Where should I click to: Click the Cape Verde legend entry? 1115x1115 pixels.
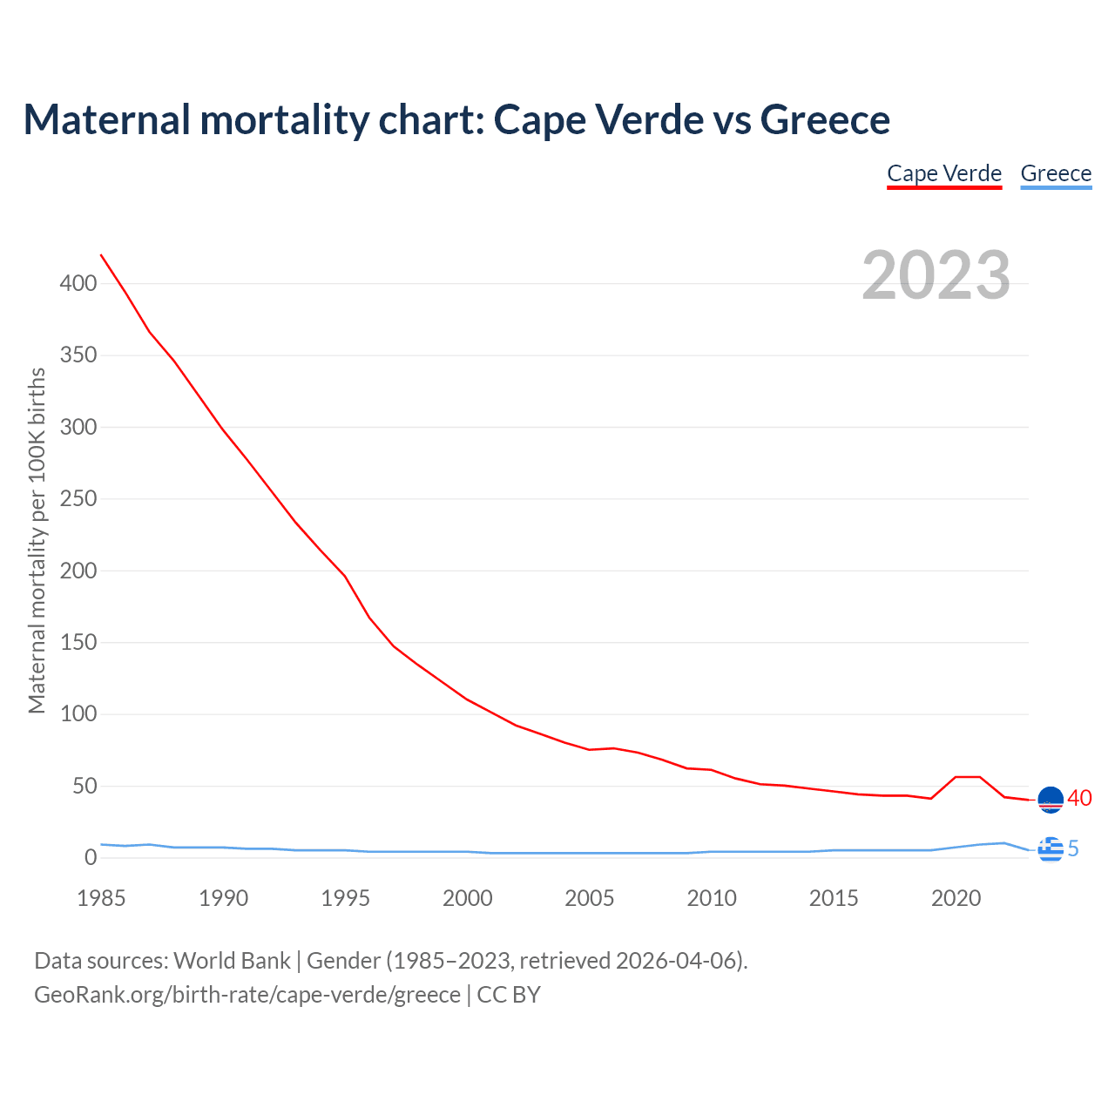click(x=944, y=173)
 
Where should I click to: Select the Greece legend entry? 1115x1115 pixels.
click(x=1056, y=173)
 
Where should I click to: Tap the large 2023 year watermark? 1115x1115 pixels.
click(x=936, y=275)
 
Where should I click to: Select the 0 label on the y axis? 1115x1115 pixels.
click(x=91, y=858)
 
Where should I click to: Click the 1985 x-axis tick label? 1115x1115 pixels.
click(x=101, y=898)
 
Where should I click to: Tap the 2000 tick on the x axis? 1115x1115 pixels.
click(x=468, y=898)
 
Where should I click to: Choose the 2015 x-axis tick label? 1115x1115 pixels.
click(x=834, y=898)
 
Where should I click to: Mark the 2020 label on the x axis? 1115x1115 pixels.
click(x=956, y=898)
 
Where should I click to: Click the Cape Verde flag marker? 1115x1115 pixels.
click(x=1051, y=800)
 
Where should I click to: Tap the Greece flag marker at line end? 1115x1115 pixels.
click(x=1051, y=848)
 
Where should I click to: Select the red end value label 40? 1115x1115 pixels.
click(x=1079, y=798)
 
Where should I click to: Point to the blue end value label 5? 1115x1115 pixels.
click(x=1073, y=848)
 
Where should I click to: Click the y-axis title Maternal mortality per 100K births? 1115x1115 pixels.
click(x=37, y=540)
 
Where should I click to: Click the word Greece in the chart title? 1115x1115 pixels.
click(x=825, y=119)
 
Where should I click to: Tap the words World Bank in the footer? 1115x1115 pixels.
click(x=232, y=961)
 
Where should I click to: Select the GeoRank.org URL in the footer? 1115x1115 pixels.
click(x=247, y=995)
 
